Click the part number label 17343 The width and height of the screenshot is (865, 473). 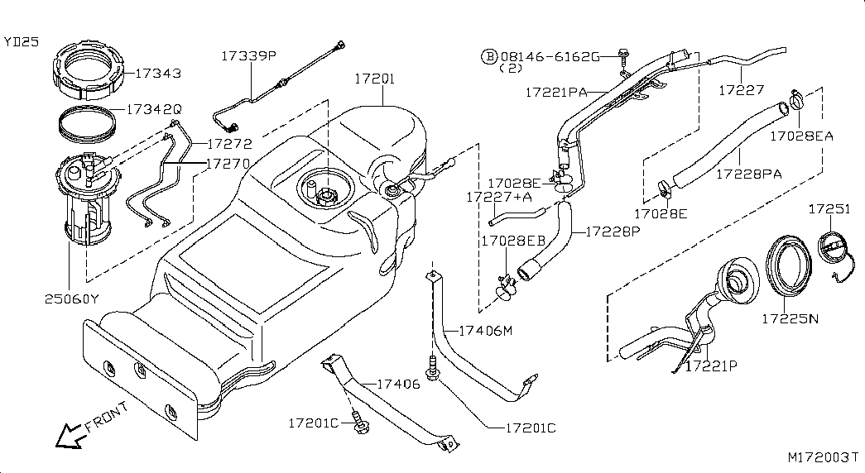(158, 73)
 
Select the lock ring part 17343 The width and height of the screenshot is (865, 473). (90, 66)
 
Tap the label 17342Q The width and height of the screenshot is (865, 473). (154, 109)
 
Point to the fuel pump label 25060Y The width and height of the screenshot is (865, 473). (72, 299)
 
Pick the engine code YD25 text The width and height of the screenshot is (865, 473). (22, 41)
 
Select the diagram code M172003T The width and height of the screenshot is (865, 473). (823, 457)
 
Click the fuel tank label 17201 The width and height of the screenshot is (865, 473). (375, 79)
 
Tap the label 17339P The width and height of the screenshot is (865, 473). (249, 55)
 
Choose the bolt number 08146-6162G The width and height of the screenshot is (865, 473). (550, 56)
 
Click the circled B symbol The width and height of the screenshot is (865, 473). (489, 56)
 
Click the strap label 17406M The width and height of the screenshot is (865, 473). (486, 330)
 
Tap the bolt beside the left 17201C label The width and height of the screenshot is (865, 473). (360, 423)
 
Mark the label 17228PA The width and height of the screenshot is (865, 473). (749, 174)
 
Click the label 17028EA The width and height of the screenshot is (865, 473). (801, 136)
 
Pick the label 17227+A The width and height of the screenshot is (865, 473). (499, 197)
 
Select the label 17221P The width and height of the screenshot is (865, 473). (711, 365)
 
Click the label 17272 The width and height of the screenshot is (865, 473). (229, 144)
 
